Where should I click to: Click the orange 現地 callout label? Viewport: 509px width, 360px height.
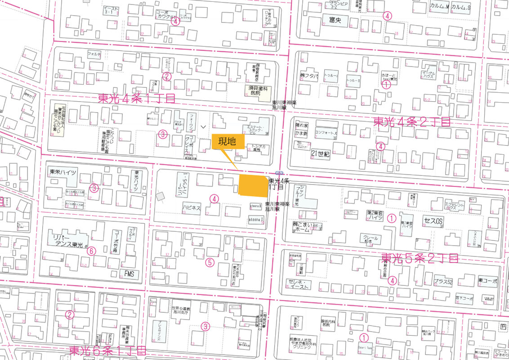click(228, 141)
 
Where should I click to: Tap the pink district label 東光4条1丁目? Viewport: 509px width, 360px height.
click(136, 99)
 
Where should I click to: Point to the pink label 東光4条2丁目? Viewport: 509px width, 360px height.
click(412, 121)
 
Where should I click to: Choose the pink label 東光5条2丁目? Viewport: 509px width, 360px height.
click(420, 258)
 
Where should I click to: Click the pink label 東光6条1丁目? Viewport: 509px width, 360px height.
click(108, 351)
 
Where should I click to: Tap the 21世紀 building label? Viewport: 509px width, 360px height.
click(320, 154)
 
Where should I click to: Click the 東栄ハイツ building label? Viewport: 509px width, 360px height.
click(63, 172)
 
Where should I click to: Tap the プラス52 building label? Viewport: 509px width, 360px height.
click(442, 282)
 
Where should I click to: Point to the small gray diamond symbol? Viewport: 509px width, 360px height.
click(161, 196)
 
